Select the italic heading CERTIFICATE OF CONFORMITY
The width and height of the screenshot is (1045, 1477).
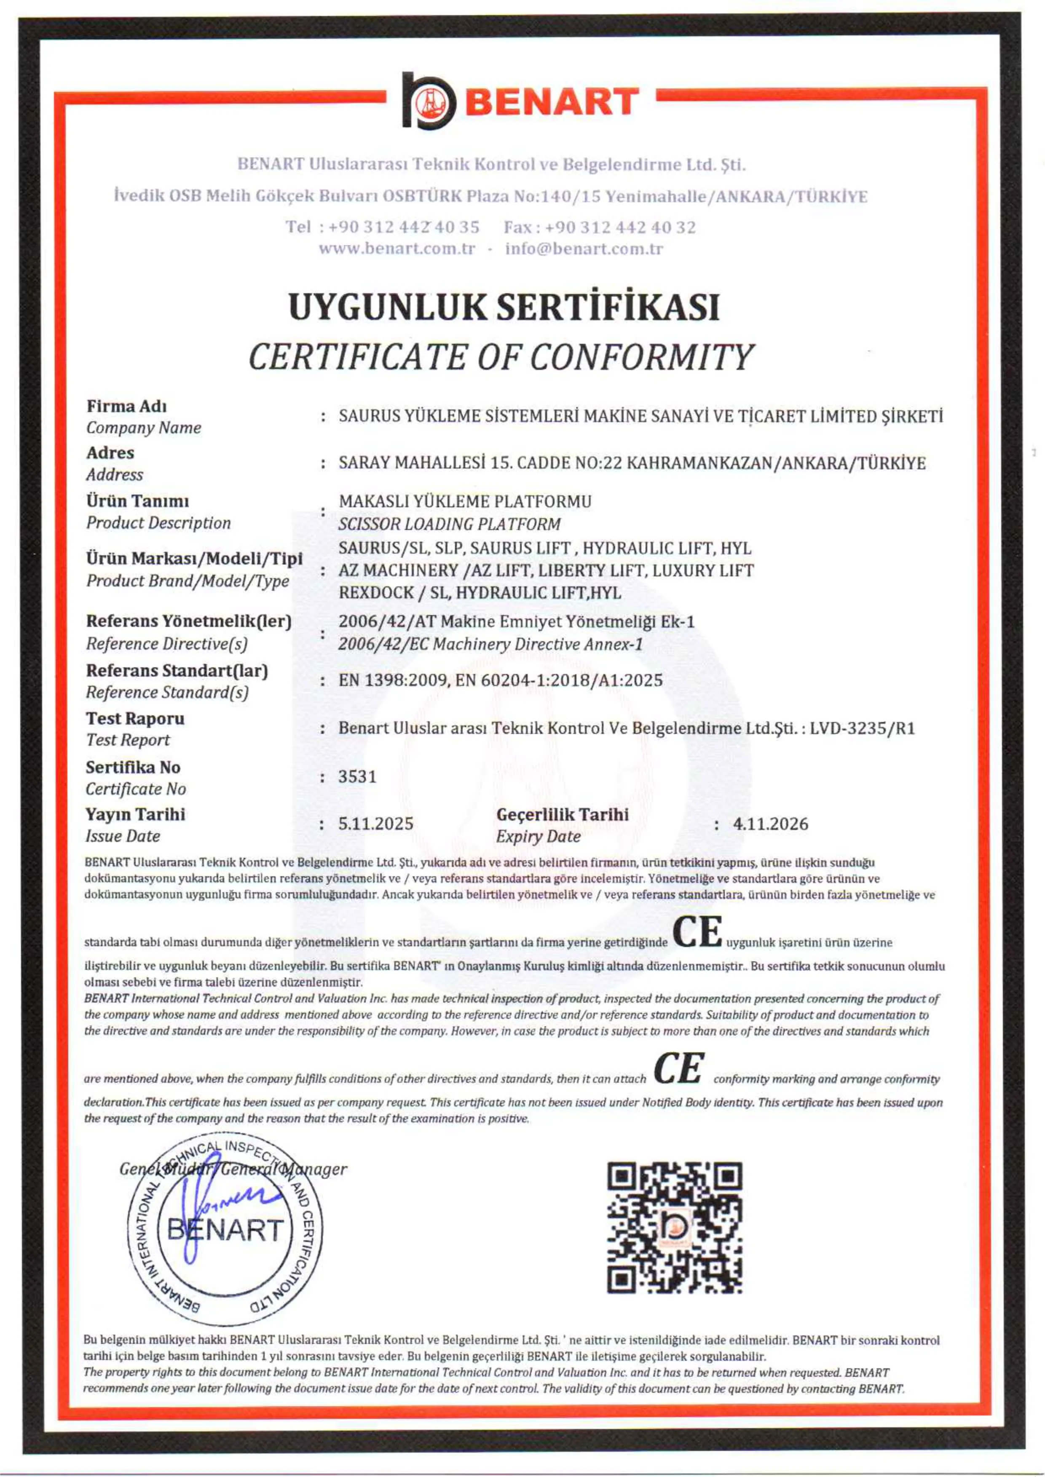coord(500,357)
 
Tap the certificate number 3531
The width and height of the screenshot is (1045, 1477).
coord(357,776)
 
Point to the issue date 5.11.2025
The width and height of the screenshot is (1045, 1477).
coord(376,824)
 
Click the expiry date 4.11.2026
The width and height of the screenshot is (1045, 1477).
coord(770,824)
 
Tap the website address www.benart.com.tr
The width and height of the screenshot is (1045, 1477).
coord(397,249)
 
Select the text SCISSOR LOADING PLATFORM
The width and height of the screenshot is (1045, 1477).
coord(449,524)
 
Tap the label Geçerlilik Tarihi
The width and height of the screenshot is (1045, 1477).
coord(563,814)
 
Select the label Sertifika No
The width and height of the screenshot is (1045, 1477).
coord(133,768)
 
